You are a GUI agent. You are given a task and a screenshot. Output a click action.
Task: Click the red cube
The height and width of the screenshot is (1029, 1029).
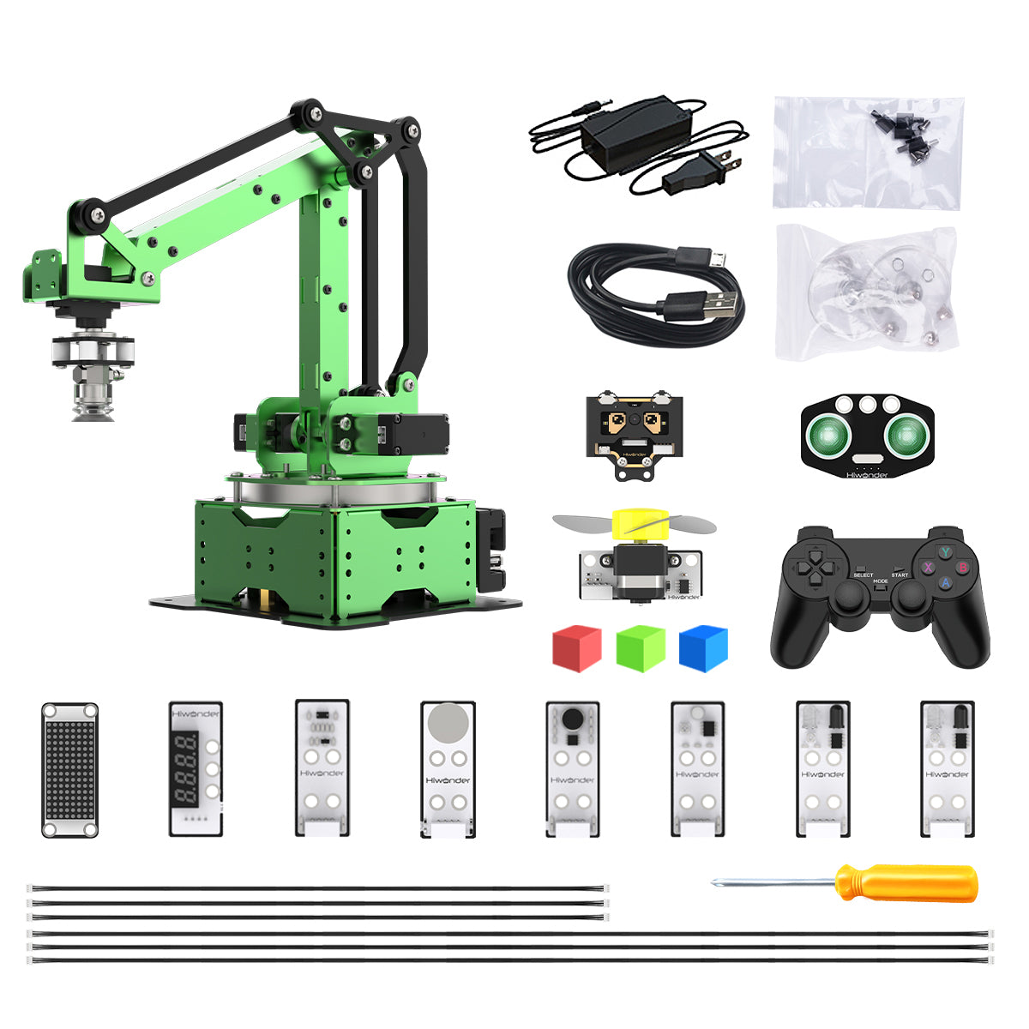click(576, 647)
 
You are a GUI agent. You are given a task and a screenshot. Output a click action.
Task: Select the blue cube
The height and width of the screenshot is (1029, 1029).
click(703, 647)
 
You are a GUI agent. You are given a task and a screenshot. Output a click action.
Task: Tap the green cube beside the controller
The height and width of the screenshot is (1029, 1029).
click(641, 647)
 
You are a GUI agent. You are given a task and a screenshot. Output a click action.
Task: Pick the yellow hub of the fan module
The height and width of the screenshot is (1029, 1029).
click(637, 524)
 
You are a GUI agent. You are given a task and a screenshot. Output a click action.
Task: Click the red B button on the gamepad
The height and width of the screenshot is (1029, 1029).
click(962, 568)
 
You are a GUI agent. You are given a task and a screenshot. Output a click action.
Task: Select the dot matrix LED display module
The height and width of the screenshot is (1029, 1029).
click(69, 769)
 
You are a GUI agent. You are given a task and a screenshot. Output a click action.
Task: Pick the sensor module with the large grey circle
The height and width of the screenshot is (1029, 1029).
click(448, 768)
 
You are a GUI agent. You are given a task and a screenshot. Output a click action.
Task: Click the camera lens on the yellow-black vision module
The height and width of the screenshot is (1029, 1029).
click(635, 421)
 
